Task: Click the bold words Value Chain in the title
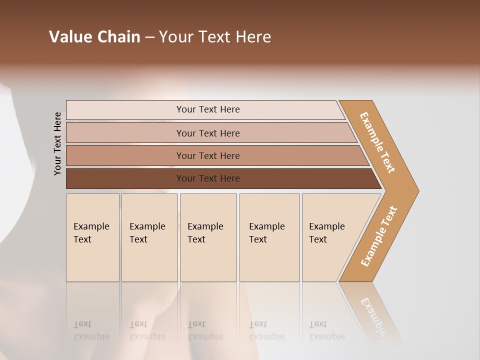coord(94,36)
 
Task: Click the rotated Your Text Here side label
coord(57,143)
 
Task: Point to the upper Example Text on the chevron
coord(377,142)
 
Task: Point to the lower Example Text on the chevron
coord(379,236)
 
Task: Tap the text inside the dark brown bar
coord(208,178)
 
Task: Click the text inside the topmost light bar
coord(208,109)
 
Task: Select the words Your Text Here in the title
coord(215,36)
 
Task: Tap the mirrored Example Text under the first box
coord(91,331)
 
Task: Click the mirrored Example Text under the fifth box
coord(326,331)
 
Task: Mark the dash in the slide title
coord(149,37)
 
